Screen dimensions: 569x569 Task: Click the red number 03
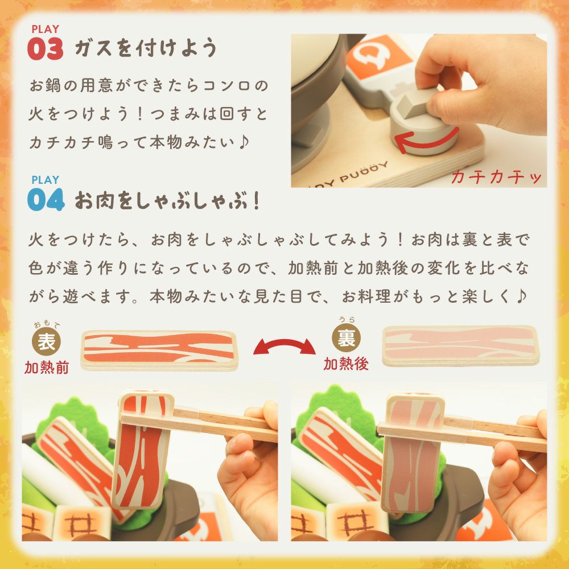(x=46, y=48)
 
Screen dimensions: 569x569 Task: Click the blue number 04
(x=46, y=199)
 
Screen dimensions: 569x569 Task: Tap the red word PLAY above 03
(x=46, y=29)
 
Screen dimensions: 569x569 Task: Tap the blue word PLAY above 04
(x=46, y=180)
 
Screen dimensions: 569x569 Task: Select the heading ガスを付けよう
(x=146, y=48)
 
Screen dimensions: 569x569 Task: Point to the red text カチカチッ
(x=496, y=177)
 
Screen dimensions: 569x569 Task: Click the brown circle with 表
(x=46, y=341)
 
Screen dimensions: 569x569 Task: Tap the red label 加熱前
(x=47, y=368)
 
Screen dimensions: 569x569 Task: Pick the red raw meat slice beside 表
(x=159, y=350)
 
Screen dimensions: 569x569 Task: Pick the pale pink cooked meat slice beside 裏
(x=461, y=345)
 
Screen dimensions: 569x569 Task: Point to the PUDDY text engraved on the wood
(x=363, y=173)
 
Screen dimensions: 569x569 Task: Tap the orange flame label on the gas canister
(x=377, y=58)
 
